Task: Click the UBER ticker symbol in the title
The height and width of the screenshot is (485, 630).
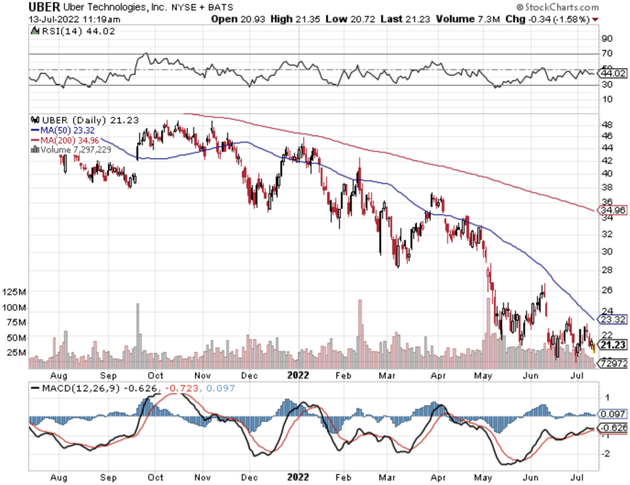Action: pos(44,7)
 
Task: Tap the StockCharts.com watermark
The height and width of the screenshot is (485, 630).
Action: pos(557,7)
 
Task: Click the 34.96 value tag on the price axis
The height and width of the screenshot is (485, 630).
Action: pos(613,210)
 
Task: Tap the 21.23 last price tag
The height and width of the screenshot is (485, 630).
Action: pos(613,345)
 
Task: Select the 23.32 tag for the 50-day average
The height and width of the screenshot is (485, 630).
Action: pos(613,319)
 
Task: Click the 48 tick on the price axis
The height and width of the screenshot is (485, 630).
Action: pos(607,125)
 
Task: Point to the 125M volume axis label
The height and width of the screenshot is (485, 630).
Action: pos(14,292)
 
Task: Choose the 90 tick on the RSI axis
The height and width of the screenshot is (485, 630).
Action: pos(607,39)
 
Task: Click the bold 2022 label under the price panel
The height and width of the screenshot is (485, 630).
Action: pos(298,375)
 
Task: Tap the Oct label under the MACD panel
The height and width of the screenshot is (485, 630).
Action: pos(155,477)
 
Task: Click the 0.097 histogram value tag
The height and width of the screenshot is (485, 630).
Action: pos(613,414)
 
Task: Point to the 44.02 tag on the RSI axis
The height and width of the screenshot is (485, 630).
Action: pos(613,74)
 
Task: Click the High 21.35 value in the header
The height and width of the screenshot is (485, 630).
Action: pos(295,19)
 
